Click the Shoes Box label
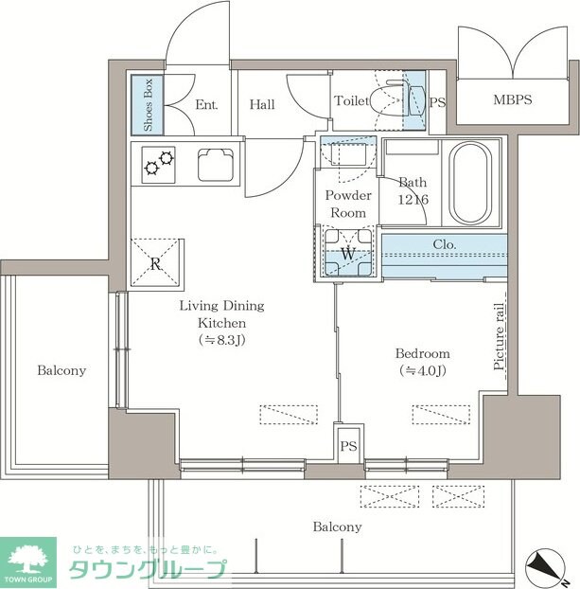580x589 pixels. pyautogui.click(x=148, y=105)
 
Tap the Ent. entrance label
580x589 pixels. pyautogui.click(x=206, y=104)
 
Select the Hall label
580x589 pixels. pyautogui.click(x=262, y=104)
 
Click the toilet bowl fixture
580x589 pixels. pyautogui.click(x=388, y=99)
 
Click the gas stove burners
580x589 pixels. pyautogui.click(x=159, y=166)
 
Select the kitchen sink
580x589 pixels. pyautogui.click(x=217, y=166)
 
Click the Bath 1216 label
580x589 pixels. pyautogui.click(x=413, y=189)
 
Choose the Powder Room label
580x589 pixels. pyautogui.click(x=347, y=204)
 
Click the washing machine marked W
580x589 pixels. pyautogui.click(x=347, y=254)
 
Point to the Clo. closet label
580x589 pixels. pyautogui.click(x=445, y=243)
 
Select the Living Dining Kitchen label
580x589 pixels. pyautogui.click(x=222, y=322)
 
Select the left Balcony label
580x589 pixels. pyautogui.click(x=62, y=370)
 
